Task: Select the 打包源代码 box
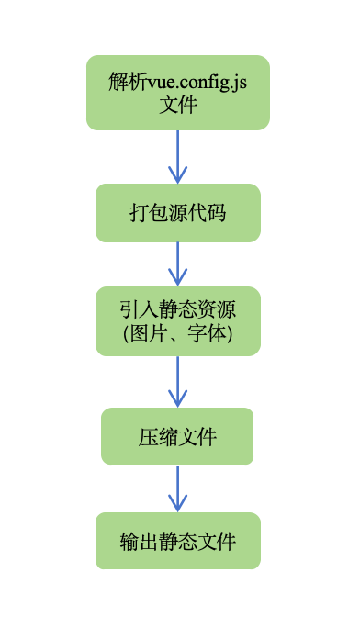pos(177,213)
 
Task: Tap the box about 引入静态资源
pos(177,320)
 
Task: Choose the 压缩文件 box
pos(177,436)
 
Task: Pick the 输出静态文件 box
pos(177,541)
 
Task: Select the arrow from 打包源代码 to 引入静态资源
pos(177,264)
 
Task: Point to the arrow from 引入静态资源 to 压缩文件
pos(177,382)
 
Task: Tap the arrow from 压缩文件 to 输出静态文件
pos(177,488)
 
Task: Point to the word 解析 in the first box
pos(121,81)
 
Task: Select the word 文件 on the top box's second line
pos(178,105)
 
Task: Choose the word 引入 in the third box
pos(138,308)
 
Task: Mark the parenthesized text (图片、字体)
pos(178,334)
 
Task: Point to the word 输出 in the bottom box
pos(139,541)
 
